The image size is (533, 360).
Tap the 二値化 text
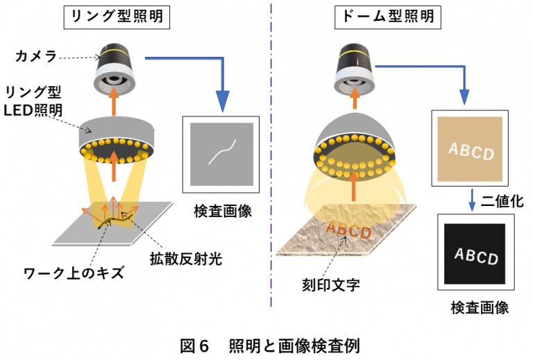click(502, 200)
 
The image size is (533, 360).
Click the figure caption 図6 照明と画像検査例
click(266, 345)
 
